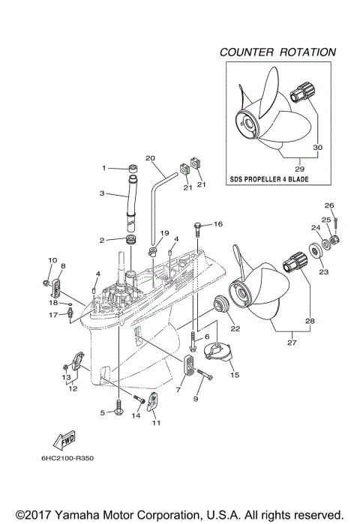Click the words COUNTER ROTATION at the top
277,52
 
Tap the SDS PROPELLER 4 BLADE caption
269,180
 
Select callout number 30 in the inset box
317,148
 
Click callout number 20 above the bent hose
150,158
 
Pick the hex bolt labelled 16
198,225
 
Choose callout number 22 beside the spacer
235,328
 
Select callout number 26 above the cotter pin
328,205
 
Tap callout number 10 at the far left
52,260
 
